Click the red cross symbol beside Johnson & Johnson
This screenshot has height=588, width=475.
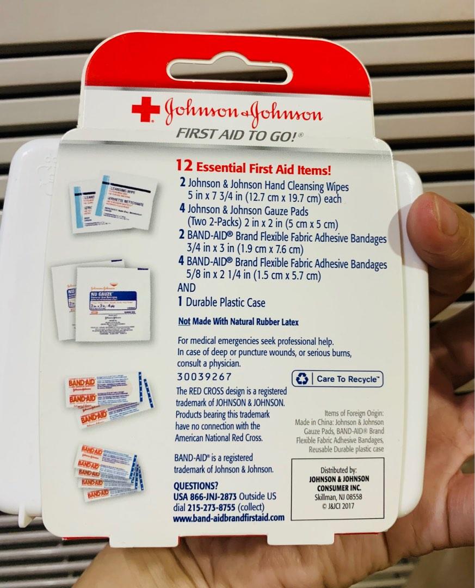(x=145, y=109)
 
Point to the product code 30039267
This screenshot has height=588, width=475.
(x=204, y=377)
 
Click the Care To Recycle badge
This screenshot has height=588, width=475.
(x=337, y=379)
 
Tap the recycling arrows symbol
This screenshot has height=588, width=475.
(x=301, y=379)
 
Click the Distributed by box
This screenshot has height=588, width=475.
(x=337, y=488)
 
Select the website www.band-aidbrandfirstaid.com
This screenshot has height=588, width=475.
(x=229, y=518)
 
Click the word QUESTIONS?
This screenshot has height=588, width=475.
(x=196, y=486)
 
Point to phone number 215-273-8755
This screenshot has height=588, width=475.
(x=205, y=507)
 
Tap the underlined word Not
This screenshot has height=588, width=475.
(x=184, y=322)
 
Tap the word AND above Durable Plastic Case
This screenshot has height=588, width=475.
(x=186, y=287)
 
